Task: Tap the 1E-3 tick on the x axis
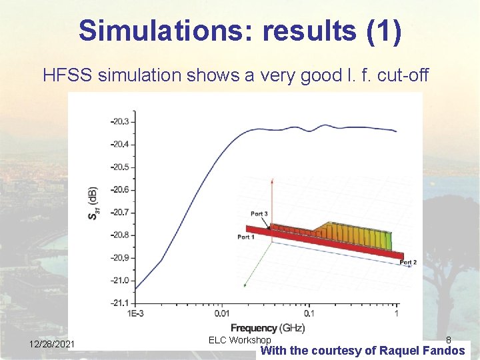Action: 138,313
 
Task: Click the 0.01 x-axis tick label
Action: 221,313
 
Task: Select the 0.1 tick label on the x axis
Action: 309,313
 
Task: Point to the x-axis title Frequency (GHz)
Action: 267,327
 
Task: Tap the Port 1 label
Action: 246,237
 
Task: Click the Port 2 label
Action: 408,263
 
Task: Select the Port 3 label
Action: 259,213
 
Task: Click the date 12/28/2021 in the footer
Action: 52,344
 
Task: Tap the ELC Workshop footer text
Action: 239,340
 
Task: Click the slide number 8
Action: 448,340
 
